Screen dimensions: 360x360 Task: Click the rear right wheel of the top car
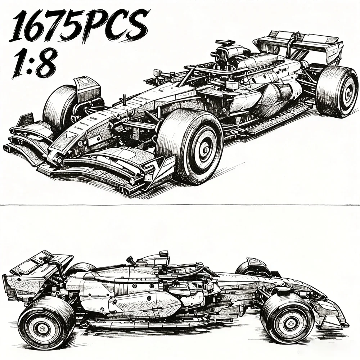(337, 90)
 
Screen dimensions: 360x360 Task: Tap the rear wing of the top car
(298, 46)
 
